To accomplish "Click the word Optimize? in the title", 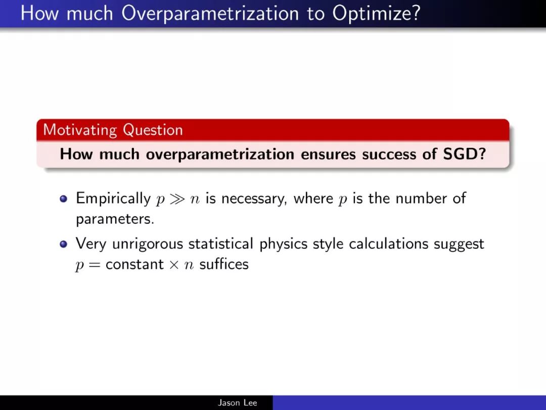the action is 376,14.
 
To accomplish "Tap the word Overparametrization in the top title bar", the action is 210,14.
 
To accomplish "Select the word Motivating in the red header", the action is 80,130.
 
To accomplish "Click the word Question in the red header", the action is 153,130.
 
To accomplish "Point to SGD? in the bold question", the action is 464,154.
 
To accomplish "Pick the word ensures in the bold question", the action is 328,154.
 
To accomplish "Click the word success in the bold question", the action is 389,154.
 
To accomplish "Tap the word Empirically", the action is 113,199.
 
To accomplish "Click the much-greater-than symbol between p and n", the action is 177,199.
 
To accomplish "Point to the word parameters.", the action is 115,220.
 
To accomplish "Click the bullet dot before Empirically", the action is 63,199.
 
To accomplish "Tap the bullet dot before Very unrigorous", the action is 63,243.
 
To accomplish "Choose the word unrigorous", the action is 148,243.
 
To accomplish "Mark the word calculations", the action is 388,243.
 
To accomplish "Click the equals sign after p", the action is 94,265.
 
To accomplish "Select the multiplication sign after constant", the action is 174,265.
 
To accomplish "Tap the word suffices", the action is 224,264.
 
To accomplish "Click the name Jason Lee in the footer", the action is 238,403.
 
